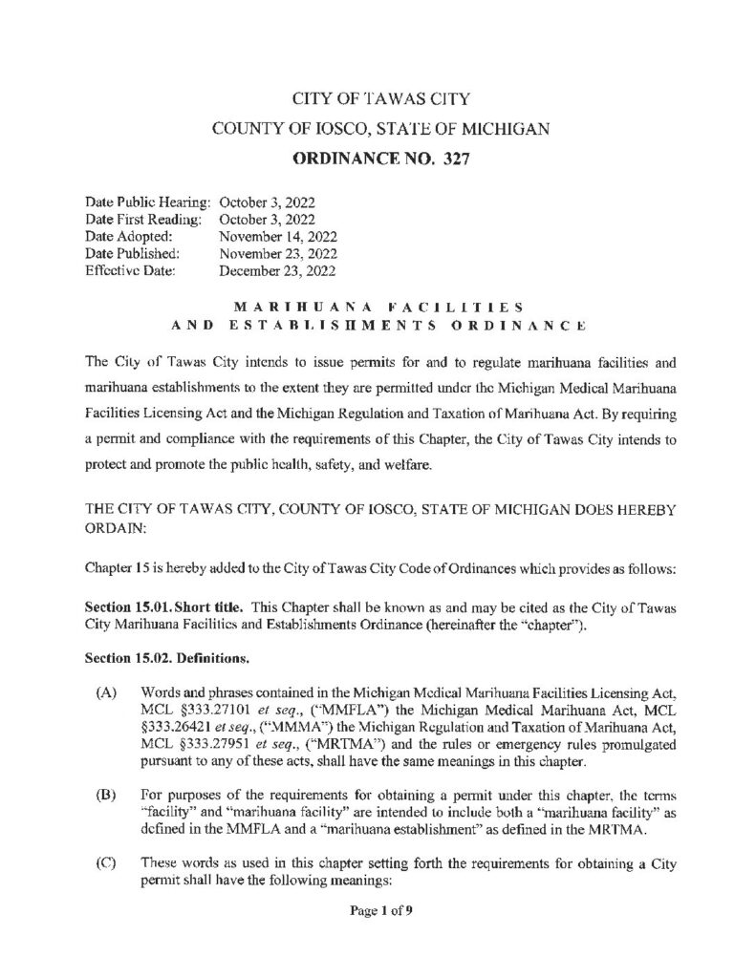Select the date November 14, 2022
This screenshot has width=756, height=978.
tap(280, 235)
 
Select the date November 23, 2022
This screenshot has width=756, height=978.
tap(280, 253)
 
